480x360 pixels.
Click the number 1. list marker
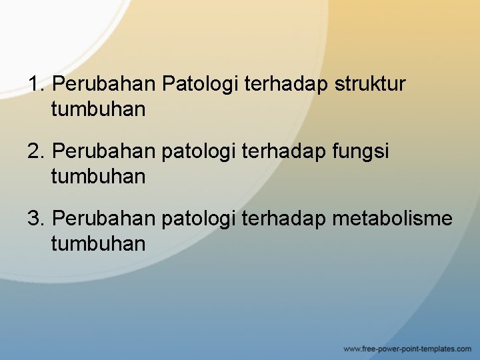point(37,85)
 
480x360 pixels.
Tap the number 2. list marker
point(37,152)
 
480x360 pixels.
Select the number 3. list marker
point(37,219)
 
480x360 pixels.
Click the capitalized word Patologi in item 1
point(201,85)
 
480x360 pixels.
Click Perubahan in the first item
point(104,85)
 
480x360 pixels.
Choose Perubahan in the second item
point(104,152)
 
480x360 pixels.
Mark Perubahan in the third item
point(104,219)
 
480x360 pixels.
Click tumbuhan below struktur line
point(98,109)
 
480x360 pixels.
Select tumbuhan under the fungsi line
point(98,177)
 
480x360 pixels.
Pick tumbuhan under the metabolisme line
point(98,243)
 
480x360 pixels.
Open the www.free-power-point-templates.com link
point(407,349)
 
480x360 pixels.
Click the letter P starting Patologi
point(167,85)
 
